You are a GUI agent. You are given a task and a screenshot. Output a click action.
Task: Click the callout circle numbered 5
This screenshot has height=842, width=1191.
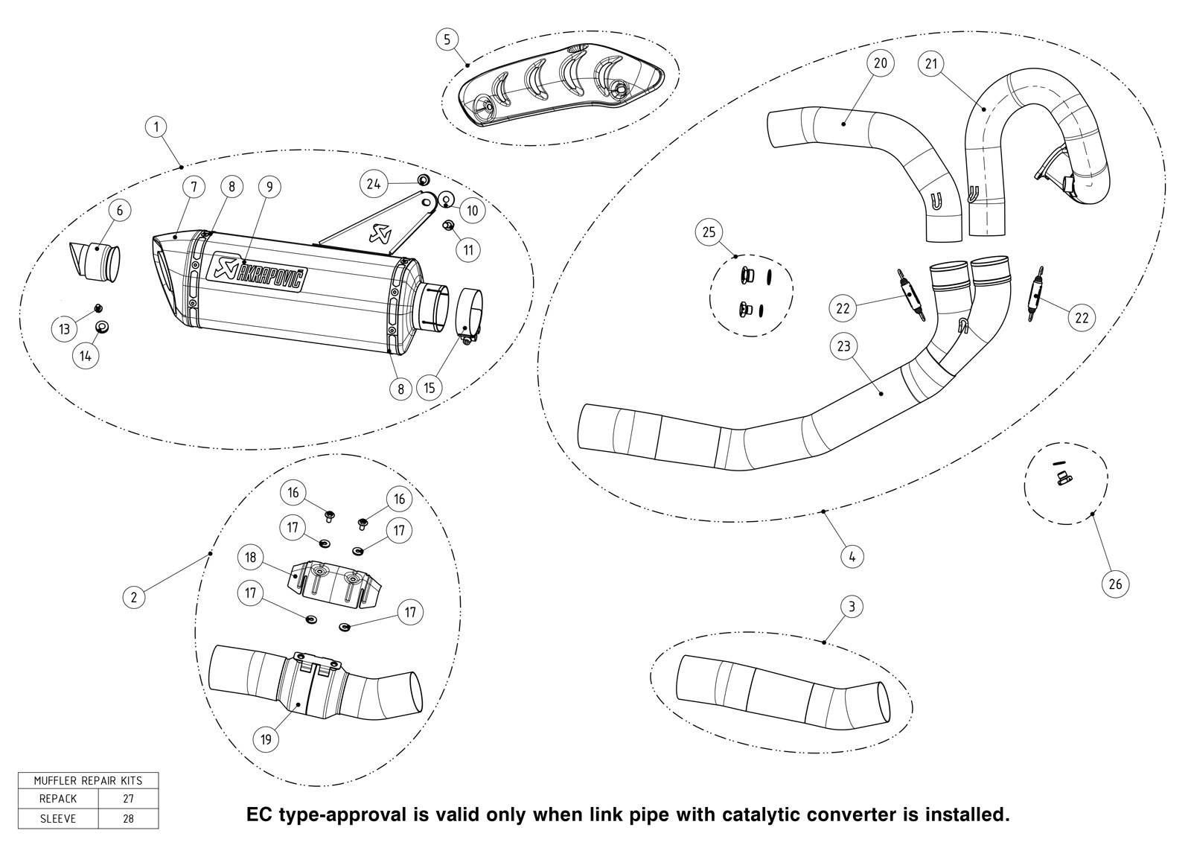[x=447, y=39]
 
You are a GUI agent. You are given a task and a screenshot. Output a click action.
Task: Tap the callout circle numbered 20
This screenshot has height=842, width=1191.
[x=881, y=63]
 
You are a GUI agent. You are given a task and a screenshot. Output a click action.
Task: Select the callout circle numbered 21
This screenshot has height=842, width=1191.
[x=931, y=64]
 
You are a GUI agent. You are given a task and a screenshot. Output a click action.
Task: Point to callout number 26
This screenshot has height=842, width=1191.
[x=1115, y=584]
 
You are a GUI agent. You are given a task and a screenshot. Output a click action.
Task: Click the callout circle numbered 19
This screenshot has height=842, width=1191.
[x=266, y=739]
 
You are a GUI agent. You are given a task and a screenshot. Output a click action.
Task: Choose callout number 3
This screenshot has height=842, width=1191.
[x=852, y=606]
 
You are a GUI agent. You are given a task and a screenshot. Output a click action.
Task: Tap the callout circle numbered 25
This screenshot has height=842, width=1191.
[x=709, y=232]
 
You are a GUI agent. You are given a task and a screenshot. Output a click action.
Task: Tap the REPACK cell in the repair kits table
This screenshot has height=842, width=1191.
[x=58, y=798]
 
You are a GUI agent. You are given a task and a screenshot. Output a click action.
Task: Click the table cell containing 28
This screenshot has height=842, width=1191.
[x=128, y=819]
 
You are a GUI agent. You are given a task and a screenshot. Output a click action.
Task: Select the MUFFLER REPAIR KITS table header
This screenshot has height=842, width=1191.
[x=89, y=780]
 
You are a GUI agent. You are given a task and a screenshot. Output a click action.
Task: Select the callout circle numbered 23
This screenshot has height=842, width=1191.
[x=844, y=346]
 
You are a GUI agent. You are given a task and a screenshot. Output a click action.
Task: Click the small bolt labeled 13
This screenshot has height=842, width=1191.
[x=98, y=308]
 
